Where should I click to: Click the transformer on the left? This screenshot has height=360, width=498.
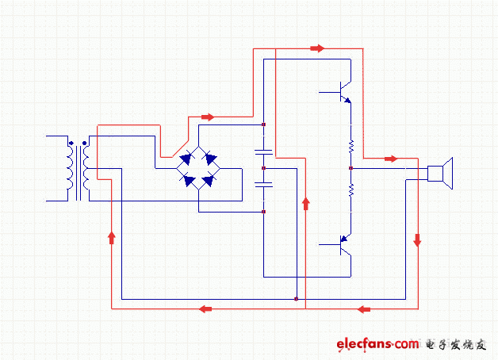pyautogui.click(x=78, y=169)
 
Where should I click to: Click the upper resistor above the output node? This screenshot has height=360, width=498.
pyautogui.click(x=350, y=146)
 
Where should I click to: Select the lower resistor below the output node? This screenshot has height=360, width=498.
pyautogui.click(x=350, y=190)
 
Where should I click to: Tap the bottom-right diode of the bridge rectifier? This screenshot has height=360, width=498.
pyautogui.click(x=209, y=181)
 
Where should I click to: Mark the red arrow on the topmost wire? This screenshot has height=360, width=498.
pyautogui.click(x=317, y=48)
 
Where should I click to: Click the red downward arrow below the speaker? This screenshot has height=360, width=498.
pyautogui.click(x=417, y=239)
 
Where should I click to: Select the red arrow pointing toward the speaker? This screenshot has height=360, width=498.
pyautogui.click(x=390, y=159)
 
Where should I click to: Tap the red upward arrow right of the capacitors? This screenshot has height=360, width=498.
pyautogui.click(x=305, y=204)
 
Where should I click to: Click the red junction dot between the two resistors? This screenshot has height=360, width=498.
pyautogui.click(x=350, y=168)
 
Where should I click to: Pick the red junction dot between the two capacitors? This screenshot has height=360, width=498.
pyautogui.click(x=263, y=168)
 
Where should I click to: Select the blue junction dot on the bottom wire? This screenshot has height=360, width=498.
pyautogui.click(x=296, y=299)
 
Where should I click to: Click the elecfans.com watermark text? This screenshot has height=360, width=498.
pyautogui.click(x=377, y=344)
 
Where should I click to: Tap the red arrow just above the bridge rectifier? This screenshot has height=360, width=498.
pyautogui.click(x=208, y=117)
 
